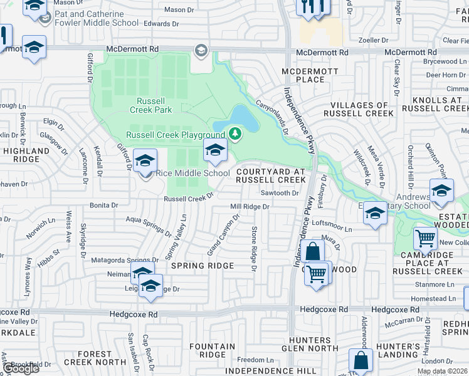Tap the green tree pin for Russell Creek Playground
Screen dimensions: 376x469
[x=235, y=133]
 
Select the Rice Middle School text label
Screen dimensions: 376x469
[x=192, y=174]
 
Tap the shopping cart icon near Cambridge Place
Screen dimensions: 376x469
[x=426, y=239]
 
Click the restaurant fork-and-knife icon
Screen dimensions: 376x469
[x=312, y=7]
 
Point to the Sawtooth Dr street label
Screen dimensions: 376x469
[x=280, y=193]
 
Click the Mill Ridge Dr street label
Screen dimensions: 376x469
[x=250, y=206]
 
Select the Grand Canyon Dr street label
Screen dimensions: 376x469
[x=224, y=236]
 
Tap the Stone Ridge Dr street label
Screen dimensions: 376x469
[x=254, y=249]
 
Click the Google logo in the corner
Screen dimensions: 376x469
[x=20, y=368]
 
